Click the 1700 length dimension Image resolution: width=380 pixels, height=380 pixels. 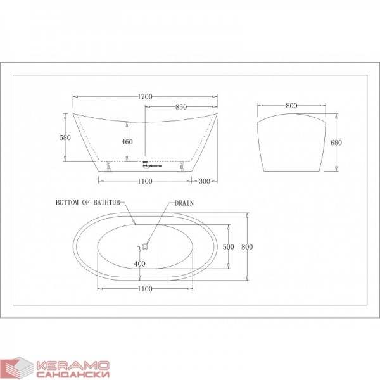click(x=145, y=97)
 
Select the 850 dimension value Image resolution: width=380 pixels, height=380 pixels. click(x=181, y=107)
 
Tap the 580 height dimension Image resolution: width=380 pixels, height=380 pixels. click(x=65, y=137)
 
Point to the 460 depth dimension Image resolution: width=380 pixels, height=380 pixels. click(x=127, y=142)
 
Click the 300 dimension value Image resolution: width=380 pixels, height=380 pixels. click(x=205, y=181)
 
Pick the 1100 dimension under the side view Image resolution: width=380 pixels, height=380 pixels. click(x=145, y=181)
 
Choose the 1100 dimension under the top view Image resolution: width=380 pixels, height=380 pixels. click(x=145, y=289)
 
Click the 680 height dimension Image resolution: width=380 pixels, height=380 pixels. click(x=336, y=142)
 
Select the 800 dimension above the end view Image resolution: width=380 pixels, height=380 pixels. click(x=291, y=106)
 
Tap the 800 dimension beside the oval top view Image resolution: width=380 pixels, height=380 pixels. click(x=247, y=247)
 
